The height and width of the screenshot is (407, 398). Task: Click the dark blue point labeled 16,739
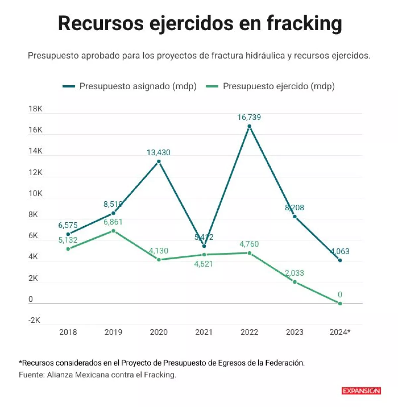tap(249, 126)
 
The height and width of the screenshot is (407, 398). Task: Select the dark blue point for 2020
tap(159, 162)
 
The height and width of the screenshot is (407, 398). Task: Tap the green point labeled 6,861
tap(113, 231)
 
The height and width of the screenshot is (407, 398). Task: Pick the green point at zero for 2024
tap(340, 303)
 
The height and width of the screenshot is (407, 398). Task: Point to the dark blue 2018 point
tap(68, 234)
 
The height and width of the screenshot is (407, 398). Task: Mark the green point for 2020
tap(159, 260)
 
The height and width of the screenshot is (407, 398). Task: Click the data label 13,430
tap(159, 153)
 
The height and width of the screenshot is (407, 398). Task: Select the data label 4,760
tap(249, 244)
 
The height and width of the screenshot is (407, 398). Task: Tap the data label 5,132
tap(68, 240)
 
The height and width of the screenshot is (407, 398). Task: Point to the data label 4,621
tap(204, 264)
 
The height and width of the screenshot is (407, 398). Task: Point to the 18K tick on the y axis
tap(35, 109)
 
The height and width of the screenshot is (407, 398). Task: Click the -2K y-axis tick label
tap(34, 320)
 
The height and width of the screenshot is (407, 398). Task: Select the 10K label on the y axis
tap(35, 193)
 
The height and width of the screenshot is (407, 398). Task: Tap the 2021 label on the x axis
tap(204, 332)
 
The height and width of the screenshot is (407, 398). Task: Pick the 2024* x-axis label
tap(340, 332)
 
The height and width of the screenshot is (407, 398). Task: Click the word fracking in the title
tap(304, 24)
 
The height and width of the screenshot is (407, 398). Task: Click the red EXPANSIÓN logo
tap(361, 391)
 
